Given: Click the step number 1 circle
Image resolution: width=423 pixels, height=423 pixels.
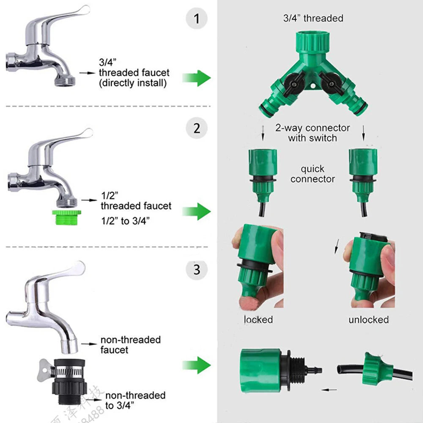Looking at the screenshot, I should [197, 19].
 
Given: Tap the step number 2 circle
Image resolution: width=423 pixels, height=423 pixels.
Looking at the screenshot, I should [197, 127].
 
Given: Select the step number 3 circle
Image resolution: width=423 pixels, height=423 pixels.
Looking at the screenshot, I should [197, 269].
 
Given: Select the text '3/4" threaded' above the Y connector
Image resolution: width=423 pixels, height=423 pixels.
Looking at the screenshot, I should [313, 18].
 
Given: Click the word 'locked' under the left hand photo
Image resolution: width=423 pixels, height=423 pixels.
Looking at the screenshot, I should [258, 320].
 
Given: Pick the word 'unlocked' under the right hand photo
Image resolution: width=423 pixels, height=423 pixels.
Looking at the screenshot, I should [368, 320].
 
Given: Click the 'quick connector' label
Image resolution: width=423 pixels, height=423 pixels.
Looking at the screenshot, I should [313, 174].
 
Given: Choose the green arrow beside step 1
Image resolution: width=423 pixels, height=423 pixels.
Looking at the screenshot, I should [196, 77].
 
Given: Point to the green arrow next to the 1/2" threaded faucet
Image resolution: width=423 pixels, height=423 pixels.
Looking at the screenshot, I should [196, 211].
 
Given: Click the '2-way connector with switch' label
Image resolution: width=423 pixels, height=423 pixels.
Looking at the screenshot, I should [313, 133].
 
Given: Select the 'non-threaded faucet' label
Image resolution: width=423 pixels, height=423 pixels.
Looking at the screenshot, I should [130, 345].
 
